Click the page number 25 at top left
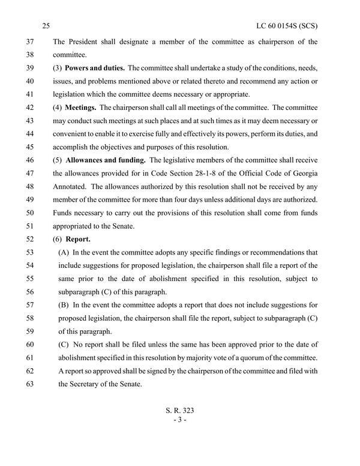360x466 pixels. (x=47, y=26)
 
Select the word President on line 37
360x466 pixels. (x=85, y=43)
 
